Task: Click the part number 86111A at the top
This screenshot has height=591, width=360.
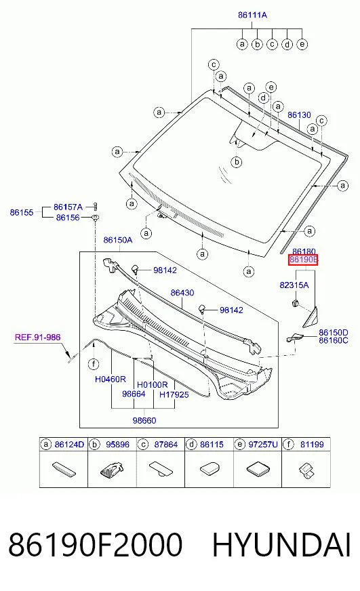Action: pos(252,15)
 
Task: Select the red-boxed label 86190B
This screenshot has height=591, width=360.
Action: pos(303,260)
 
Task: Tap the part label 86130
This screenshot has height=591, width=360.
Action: pos(299,115)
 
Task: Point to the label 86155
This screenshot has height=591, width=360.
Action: pos(22,212)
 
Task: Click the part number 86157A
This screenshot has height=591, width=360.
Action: pos(68,207)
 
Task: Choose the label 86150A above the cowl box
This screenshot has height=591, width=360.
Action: pos(118,240)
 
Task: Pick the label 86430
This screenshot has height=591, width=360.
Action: pos(182,293)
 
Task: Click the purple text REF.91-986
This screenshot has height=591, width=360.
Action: pos(38,337)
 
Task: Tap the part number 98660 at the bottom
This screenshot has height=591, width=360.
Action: pos(144,420)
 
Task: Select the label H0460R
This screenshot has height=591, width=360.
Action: pos(110,379)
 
